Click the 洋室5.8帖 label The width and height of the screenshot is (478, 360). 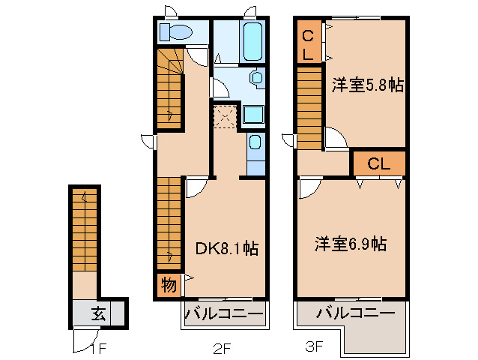tap(368, 85)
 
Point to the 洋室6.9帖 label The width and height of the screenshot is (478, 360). tap(350, 244)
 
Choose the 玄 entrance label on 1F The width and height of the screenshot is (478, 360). tap(98, 313)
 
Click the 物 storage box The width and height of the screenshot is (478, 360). tap(168, 285)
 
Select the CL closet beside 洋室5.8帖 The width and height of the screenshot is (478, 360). tap(308, 43)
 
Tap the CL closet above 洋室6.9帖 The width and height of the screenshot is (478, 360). tap(378, 163)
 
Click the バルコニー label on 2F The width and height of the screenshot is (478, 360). tap(223, 313)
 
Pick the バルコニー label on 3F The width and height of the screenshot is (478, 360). tap(354, 313)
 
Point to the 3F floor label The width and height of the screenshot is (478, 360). tap(314, 346)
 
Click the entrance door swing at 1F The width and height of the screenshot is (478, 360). tap(82, 341)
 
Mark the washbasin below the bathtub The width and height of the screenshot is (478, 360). tap(256, 76)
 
